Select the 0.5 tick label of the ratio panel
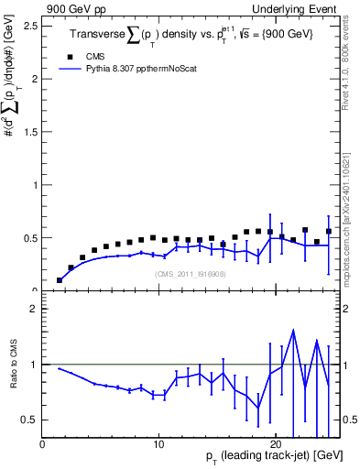tap(30, 420)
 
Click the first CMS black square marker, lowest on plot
tap(60, 280)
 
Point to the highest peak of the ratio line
tap(293, 331)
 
